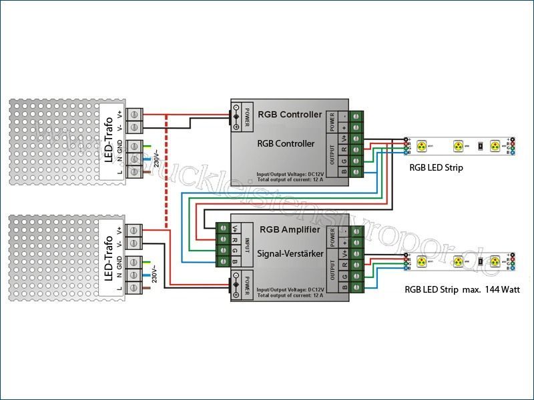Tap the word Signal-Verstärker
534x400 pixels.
click(291, 254)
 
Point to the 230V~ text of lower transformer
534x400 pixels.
click(155, 273)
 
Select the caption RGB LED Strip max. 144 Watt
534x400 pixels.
click(462, 290)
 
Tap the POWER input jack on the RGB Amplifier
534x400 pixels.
click(237, 285)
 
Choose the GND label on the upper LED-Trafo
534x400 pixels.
click(119, 147)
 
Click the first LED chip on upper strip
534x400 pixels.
click(422, 145)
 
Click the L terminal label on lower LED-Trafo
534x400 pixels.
click(119, 289)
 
